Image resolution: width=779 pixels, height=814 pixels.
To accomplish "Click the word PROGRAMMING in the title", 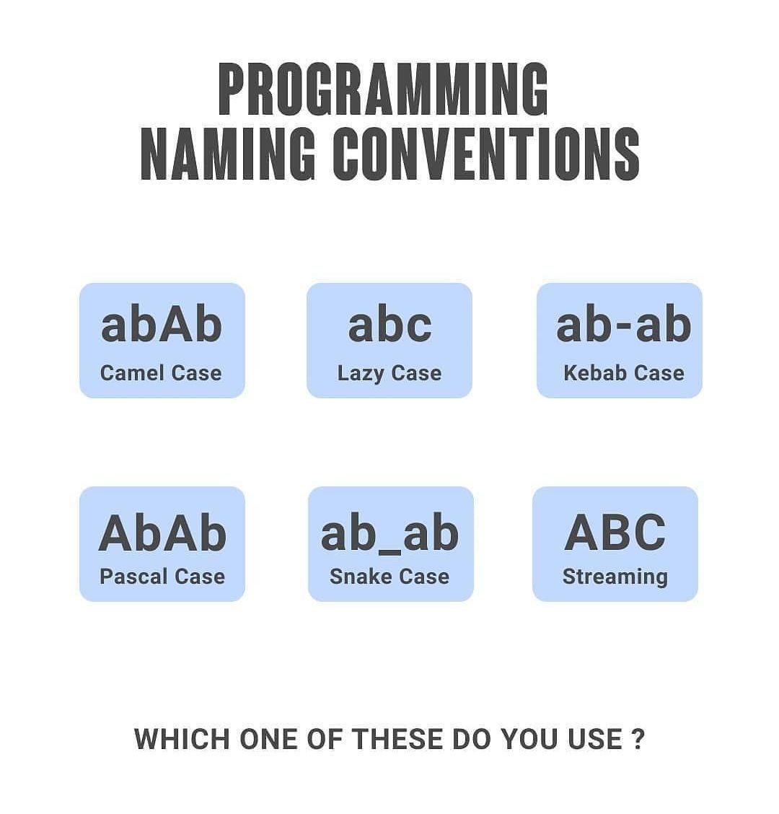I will point(383,89).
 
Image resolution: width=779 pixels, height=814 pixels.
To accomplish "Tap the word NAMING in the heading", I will point(227,154).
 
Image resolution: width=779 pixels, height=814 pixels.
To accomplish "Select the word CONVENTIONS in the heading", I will point(486,154).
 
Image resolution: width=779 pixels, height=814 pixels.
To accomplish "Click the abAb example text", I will point(162,325).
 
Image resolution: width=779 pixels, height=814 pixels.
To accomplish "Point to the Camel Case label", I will point(161,373).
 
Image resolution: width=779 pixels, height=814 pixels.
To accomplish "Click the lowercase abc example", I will point(389,325).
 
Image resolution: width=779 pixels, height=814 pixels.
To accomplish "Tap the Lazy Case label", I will point(389,373).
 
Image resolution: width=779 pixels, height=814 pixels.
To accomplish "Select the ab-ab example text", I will point(623,325).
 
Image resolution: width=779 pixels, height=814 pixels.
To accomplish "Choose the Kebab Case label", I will point(624,373).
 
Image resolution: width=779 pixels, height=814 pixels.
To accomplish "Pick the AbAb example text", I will point(162,533).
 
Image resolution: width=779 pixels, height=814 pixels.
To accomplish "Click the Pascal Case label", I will point(162,577).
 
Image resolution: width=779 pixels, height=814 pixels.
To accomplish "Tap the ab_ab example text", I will point(389,534).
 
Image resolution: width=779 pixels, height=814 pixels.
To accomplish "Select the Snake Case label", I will point(389,577).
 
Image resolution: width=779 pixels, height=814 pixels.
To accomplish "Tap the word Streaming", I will point(615,577).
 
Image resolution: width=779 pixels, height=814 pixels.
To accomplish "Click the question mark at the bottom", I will point(638,740).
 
